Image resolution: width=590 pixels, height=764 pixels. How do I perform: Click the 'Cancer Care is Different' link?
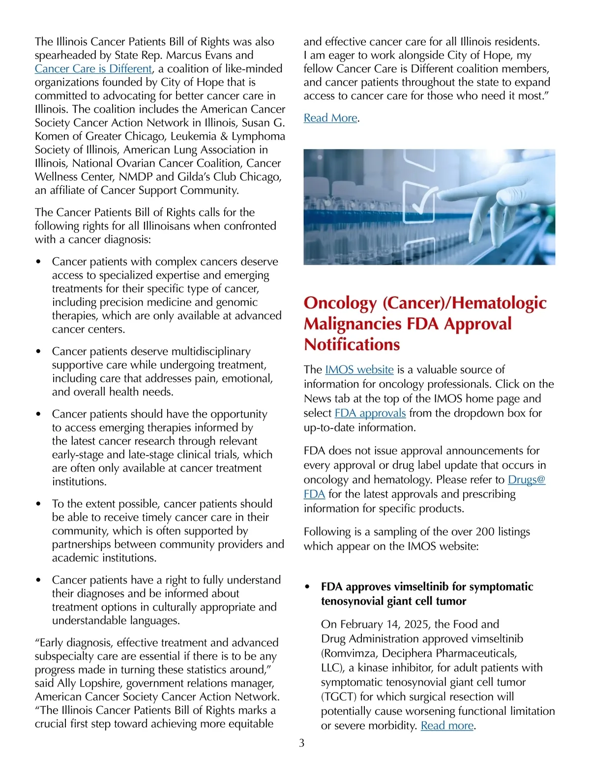(x=93, y=69)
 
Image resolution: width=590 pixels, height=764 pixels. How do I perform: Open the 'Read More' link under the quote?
(x=330, y=118)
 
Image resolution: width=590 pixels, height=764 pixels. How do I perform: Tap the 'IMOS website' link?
(x=359, y=369)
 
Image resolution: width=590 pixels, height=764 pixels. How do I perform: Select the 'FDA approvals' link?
(x=370, y=413)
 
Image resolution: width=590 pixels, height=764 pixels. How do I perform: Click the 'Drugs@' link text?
(x=527, y=479)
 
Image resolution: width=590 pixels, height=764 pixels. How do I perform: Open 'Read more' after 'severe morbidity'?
(x=447, y=726)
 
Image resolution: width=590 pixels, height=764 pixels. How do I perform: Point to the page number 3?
(x=302, y=743)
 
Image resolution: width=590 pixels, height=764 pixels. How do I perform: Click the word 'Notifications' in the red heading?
(x=352, y=344)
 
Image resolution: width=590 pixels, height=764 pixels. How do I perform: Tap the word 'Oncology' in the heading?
(x=340, y=303)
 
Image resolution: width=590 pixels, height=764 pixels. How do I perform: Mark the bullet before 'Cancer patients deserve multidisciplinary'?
(x=38, y=352)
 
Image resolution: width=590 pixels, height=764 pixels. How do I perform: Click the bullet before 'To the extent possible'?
(x=38, y=504)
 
